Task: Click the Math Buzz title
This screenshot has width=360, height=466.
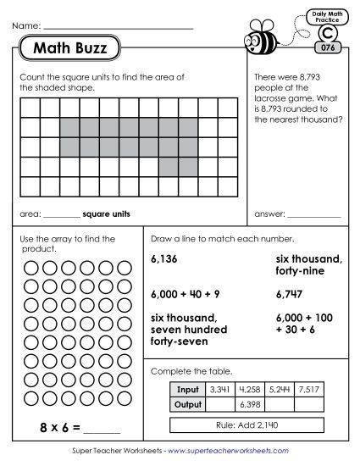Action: coord(70,49)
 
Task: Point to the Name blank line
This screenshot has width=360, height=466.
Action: coord(118,29)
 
